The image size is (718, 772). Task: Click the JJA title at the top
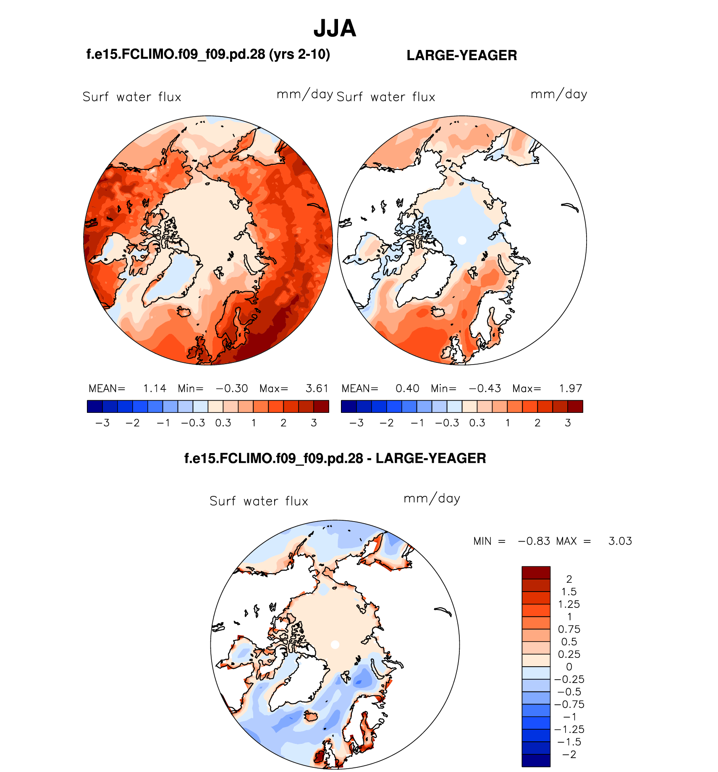coord(335,29)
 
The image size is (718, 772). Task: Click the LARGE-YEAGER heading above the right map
coord(461,55)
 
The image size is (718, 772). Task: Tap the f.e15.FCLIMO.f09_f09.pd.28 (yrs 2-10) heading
coord(208,54)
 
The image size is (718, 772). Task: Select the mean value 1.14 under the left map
coord(155,389)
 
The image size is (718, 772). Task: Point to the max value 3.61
coord(317,389)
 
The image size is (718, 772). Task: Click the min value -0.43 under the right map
coord(485,389)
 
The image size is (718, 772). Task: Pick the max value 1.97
coord(570,389)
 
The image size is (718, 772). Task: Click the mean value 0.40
coord(407,389)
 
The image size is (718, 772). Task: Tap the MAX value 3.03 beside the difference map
coord(620,541)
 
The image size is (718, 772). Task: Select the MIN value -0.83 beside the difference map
coord(534,541)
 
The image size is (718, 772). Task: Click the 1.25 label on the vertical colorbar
coord(569,604)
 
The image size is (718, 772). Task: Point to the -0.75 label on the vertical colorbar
coord(569,704)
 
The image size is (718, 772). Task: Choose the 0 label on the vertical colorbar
coord(569,667)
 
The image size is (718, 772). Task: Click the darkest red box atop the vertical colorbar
coord(536,573)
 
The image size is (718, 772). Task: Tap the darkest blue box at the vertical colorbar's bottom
coord(536,760)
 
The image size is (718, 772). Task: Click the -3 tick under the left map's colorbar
coord(102,423)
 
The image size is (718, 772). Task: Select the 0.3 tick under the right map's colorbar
coord(477,423)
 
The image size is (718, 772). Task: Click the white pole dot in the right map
coord(462,240)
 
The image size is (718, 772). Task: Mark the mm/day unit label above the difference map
coord(432,498)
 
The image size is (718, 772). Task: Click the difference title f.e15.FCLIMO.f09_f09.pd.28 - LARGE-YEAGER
coord(335,458)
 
